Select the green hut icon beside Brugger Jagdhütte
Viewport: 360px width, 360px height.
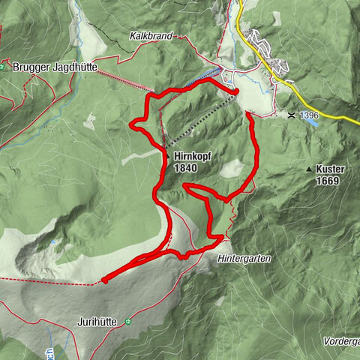3,66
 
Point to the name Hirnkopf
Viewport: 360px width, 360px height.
187,157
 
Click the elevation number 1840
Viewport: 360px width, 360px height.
187,168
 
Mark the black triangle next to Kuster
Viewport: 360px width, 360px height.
309,169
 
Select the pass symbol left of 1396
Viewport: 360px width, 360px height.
291,115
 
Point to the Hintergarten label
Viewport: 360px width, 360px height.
245,257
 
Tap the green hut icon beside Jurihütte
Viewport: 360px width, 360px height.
129,322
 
